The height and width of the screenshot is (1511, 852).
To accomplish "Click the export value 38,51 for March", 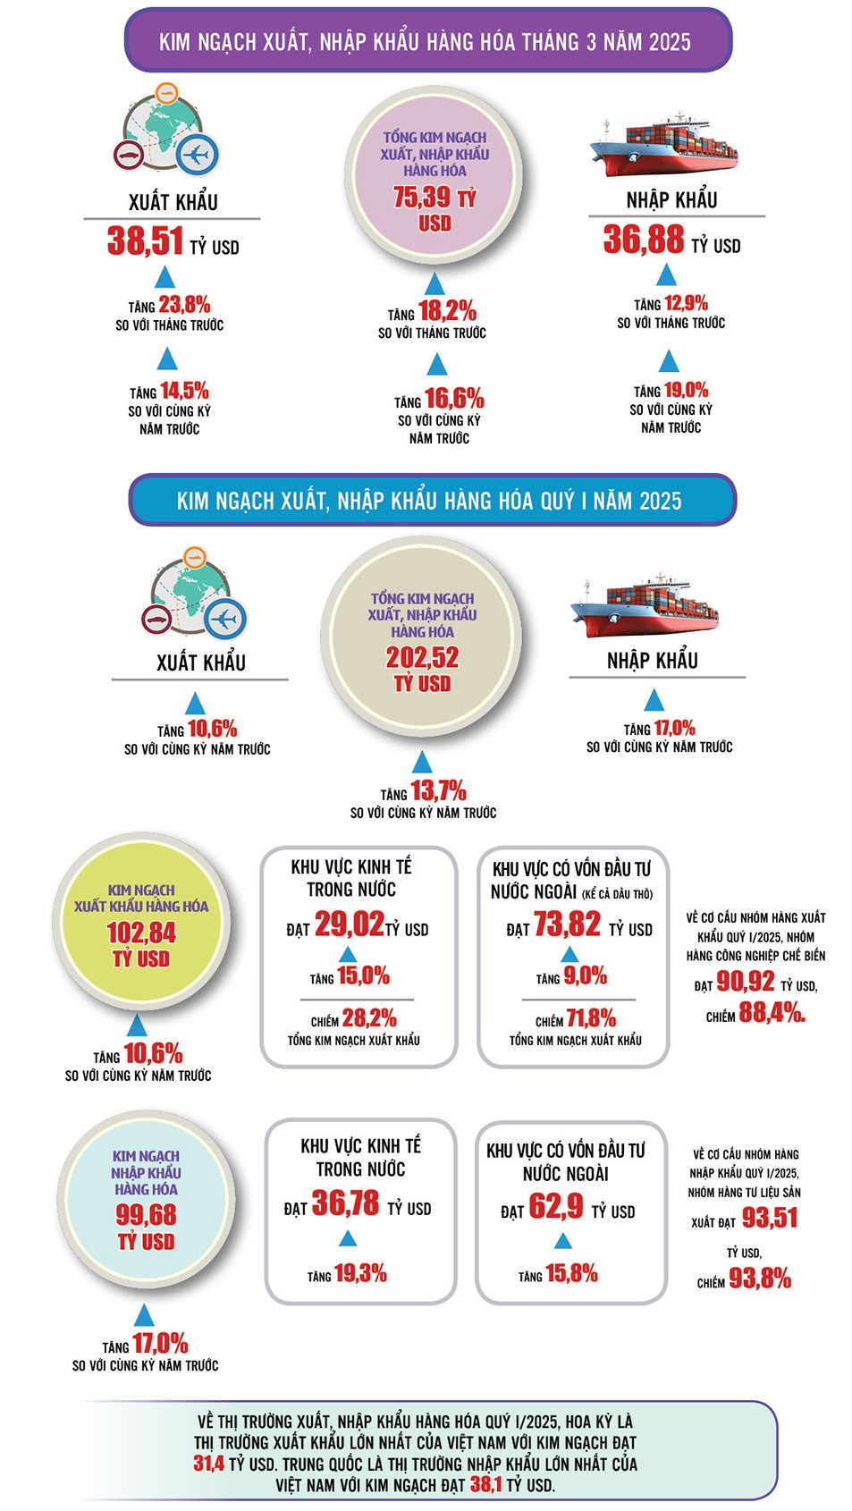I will click(x=145, y=241).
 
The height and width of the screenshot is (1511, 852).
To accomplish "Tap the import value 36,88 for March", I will click(x=643, y=240).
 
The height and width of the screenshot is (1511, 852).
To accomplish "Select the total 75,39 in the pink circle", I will click(x=424, y=198).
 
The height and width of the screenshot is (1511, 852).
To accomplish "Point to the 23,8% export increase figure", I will click(x=184, y=305).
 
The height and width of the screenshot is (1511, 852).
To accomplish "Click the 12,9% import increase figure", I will click(x=686, y=303).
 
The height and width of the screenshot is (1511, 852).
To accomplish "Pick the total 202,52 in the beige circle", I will click(x=422, y=658).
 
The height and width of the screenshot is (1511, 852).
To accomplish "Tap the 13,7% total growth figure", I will click(x=438, y=791).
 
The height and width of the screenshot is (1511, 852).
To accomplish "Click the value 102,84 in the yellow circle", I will click(x=141, y=933).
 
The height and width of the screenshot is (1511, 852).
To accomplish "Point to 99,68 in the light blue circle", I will click(x=146, y=1215).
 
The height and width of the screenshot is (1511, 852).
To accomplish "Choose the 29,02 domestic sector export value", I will click(x=349, y=924).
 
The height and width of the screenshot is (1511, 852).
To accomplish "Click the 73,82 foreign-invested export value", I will click(x=567, y=924).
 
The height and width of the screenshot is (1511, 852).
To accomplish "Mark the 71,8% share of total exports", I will click(x=591, y=1018).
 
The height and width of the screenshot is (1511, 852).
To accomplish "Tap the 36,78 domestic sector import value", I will click(x=345, y=1203).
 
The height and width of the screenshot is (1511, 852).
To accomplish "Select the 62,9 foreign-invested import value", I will click(x=556, y=1207).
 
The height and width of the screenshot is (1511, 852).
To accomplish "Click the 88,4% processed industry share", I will click(x=772, y=1013).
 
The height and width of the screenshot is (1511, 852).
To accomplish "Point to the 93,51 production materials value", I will click(x=770, y=1219).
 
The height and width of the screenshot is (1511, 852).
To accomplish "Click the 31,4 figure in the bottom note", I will click(x=208, y=1464).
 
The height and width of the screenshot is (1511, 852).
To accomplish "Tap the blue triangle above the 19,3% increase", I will click(x=349, y=1238).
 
